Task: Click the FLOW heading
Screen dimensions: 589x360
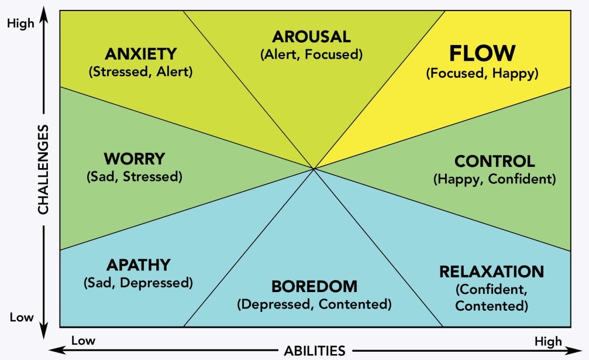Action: [x=483, y=53]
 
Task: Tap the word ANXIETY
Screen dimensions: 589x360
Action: [x=141, y=54]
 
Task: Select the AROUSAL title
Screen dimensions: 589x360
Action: [x=311, y=37]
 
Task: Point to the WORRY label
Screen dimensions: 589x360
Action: [x=135, y=159]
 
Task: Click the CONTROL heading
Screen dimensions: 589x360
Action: [x=495, y=161]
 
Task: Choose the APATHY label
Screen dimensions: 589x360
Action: [x=139, y=265]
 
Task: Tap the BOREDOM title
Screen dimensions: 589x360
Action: [x=315, y=286]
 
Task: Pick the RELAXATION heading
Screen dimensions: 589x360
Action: [x=492, y=272]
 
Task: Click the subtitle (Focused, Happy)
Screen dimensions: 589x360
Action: [x=483, y=73]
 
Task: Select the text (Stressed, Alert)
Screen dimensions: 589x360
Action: [x=141, y=71]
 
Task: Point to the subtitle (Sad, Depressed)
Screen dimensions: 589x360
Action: [x=138, y=283]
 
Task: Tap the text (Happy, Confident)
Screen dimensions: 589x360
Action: [x=495, y=179]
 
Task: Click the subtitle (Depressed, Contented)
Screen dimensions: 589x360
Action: [x=315, y=304]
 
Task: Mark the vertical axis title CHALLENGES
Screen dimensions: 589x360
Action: [x=43, y=170]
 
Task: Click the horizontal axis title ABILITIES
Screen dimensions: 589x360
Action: [x=315, y=351]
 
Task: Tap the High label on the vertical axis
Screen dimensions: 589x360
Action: [x=20, y=23]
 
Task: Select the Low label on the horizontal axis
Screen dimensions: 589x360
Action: [x=84, y=341]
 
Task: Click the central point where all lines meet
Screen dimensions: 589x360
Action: [x=314, y=169]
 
